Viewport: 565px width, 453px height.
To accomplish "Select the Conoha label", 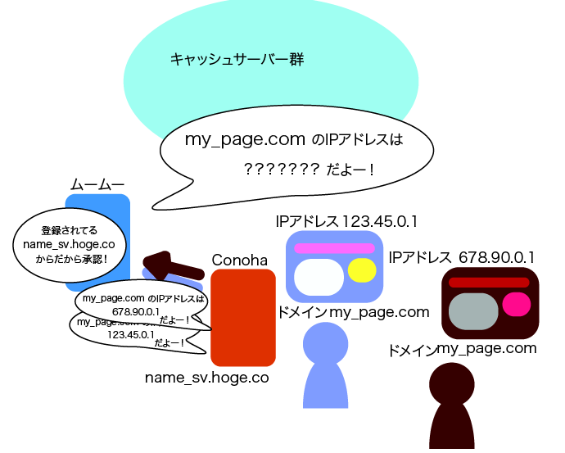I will (x=240, y=260).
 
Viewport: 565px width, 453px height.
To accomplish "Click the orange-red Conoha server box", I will (x=242, y=328).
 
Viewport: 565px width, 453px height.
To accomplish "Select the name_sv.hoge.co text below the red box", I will (x=206, y=378).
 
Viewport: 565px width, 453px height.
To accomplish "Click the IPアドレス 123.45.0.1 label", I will (x=348, y=221).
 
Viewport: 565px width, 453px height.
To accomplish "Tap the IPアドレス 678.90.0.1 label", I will (x=462, y=257).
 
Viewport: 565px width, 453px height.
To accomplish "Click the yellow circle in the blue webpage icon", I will (x=361, y=270).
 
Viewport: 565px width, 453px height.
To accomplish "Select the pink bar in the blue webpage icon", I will (x=334, y=248).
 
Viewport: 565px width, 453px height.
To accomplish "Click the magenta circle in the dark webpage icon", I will (x=516, y=304).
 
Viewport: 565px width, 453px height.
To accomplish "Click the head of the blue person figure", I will (x=326, y=343).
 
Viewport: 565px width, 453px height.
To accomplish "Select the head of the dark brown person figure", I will (x=452, y=383).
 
